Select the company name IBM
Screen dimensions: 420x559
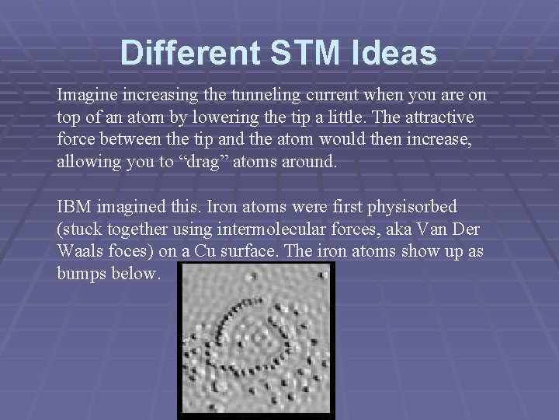(x=73, y=208)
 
